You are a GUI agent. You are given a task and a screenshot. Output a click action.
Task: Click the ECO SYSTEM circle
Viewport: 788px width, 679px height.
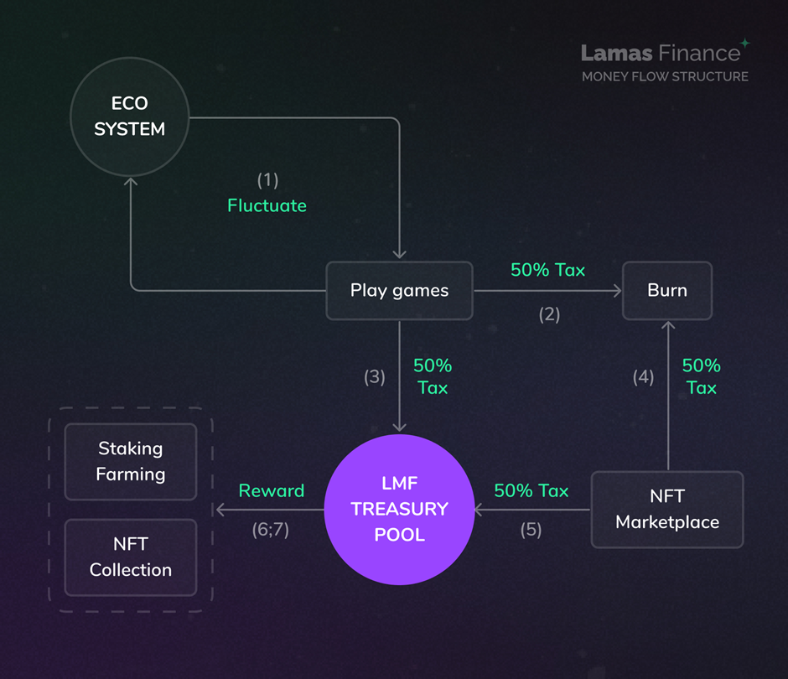[x=129, y=117]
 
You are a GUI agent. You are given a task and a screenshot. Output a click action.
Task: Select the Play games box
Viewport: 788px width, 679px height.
[x=399, y=291]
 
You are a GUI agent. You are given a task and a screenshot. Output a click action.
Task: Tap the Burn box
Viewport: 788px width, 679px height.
[x=666, y=291]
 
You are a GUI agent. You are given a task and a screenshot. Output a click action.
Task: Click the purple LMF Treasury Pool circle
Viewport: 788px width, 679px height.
[x=399, y=509]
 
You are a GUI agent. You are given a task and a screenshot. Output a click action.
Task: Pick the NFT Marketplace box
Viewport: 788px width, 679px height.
[x=667, y=509]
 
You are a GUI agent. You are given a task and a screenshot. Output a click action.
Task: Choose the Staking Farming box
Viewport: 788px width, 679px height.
[x=131, y=461]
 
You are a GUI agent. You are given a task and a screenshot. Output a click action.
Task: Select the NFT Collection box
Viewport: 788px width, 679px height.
[x=131, y=557]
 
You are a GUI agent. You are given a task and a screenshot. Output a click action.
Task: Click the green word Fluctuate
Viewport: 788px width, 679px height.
[x=267, y=205]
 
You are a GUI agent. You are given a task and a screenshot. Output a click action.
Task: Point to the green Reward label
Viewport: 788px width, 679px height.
[x=271, y=490]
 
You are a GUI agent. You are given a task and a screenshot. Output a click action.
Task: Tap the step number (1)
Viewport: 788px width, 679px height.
[x=267, y=179]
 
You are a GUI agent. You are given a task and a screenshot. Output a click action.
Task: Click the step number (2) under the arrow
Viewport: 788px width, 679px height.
[x=548, y=315]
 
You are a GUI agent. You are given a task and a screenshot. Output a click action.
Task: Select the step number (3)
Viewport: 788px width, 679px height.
[x=374, y=377]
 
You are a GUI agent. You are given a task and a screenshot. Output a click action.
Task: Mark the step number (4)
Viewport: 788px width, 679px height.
[x=642, y=377]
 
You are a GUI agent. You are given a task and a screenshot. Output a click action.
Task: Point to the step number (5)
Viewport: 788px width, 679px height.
[x=531, y=530]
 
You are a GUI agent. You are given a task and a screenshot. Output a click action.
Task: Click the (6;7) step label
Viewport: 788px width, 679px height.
[x=270, y=530]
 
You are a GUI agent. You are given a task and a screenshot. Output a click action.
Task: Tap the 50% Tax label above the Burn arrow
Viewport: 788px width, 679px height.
[x=547, y=270]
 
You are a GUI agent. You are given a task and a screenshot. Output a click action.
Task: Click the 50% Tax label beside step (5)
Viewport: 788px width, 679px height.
[x=531, y=490]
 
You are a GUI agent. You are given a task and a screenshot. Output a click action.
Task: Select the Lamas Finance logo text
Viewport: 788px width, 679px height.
[x=661, y=53]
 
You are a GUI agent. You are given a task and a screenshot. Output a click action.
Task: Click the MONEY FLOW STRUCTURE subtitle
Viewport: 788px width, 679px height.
[x=665, y=76]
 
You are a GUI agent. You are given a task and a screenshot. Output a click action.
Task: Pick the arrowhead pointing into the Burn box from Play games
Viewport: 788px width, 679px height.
[x=617, y=291]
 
